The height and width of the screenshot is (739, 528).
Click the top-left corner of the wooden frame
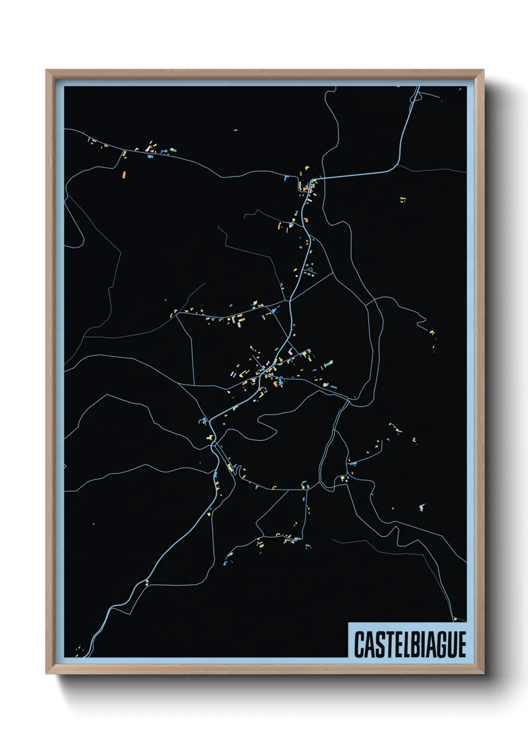tap(47, 71)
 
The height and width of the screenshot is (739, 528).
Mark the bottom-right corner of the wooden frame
tap(483, 673)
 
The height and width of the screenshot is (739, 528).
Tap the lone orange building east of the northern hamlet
tap(403, 199)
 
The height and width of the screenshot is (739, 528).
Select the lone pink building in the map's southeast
tap(422, 508)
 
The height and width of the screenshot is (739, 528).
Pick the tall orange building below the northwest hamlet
tap(125, 175)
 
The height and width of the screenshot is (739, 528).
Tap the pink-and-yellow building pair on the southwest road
tap(147, 582)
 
